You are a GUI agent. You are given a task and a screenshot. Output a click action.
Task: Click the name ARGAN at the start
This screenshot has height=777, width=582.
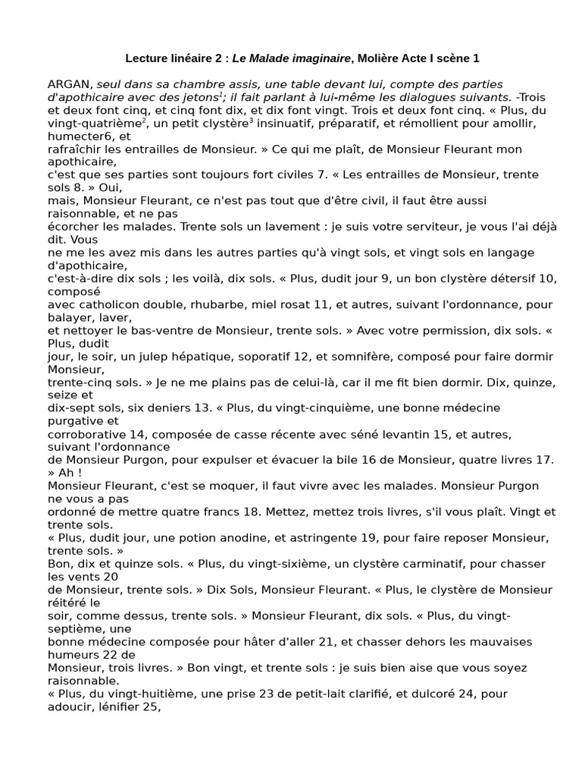(x=70, y=84)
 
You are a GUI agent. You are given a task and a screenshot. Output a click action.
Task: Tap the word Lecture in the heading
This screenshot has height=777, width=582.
(x=146, y=58)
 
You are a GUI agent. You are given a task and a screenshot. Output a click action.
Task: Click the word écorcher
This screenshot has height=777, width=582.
(x=73, y=226)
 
